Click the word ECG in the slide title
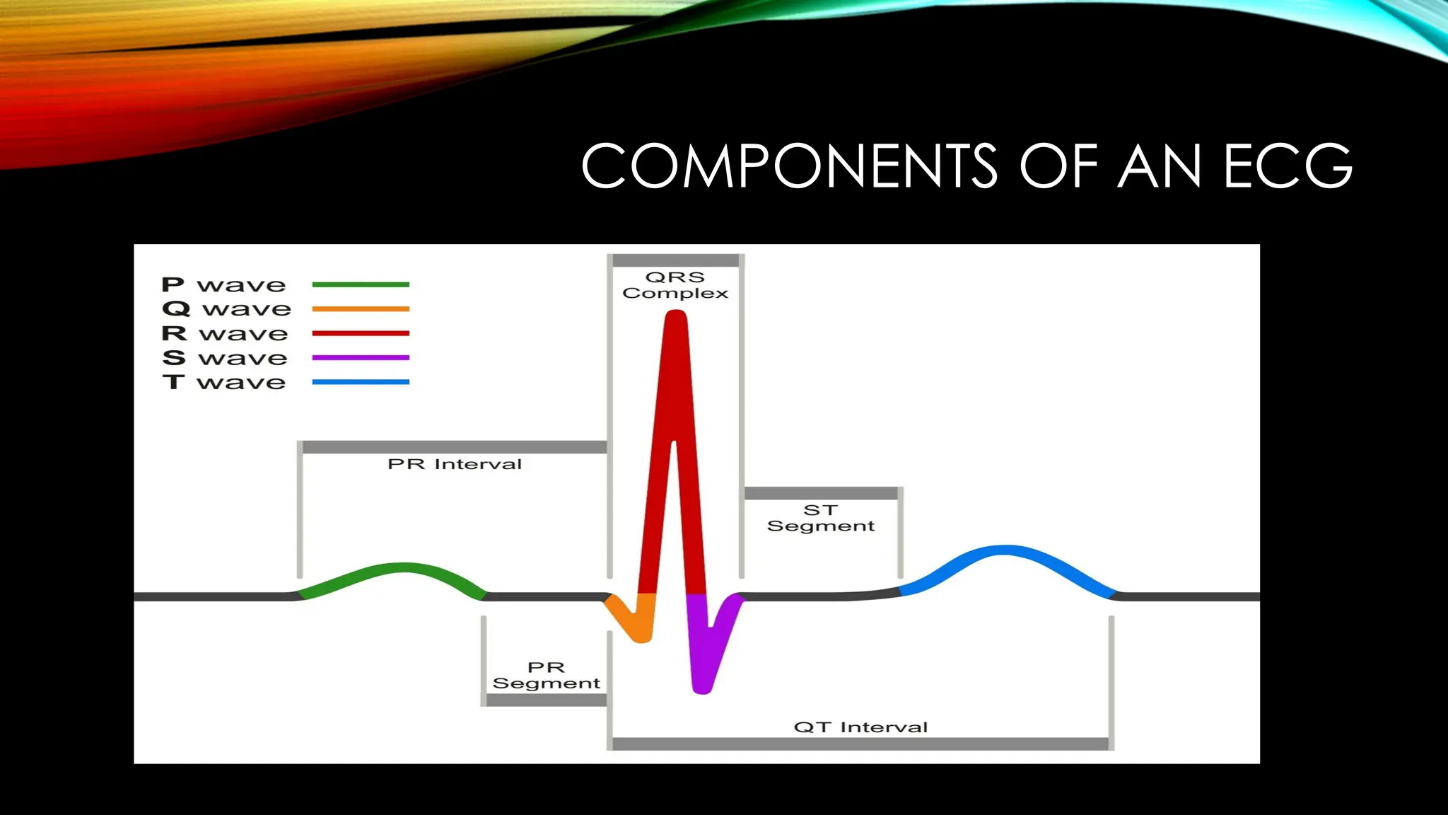(1288, 166)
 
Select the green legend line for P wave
(361, 284)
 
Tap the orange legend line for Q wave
(361, 308)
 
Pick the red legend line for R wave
(361, 333)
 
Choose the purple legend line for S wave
(361, 357)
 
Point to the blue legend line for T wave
(361, 382)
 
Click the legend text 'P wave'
(223, 284)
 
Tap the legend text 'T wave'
(223, 382)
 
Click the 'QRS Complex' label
(675, 285)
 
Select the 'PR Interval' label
(455, 464)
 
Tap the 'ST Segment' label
(821, 518)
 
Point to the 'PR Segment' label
(546, 675)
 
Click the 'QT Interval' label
(860, 727)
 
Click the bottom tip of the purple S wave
(701, 686)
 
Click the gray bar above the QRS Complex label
(675, 260)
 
